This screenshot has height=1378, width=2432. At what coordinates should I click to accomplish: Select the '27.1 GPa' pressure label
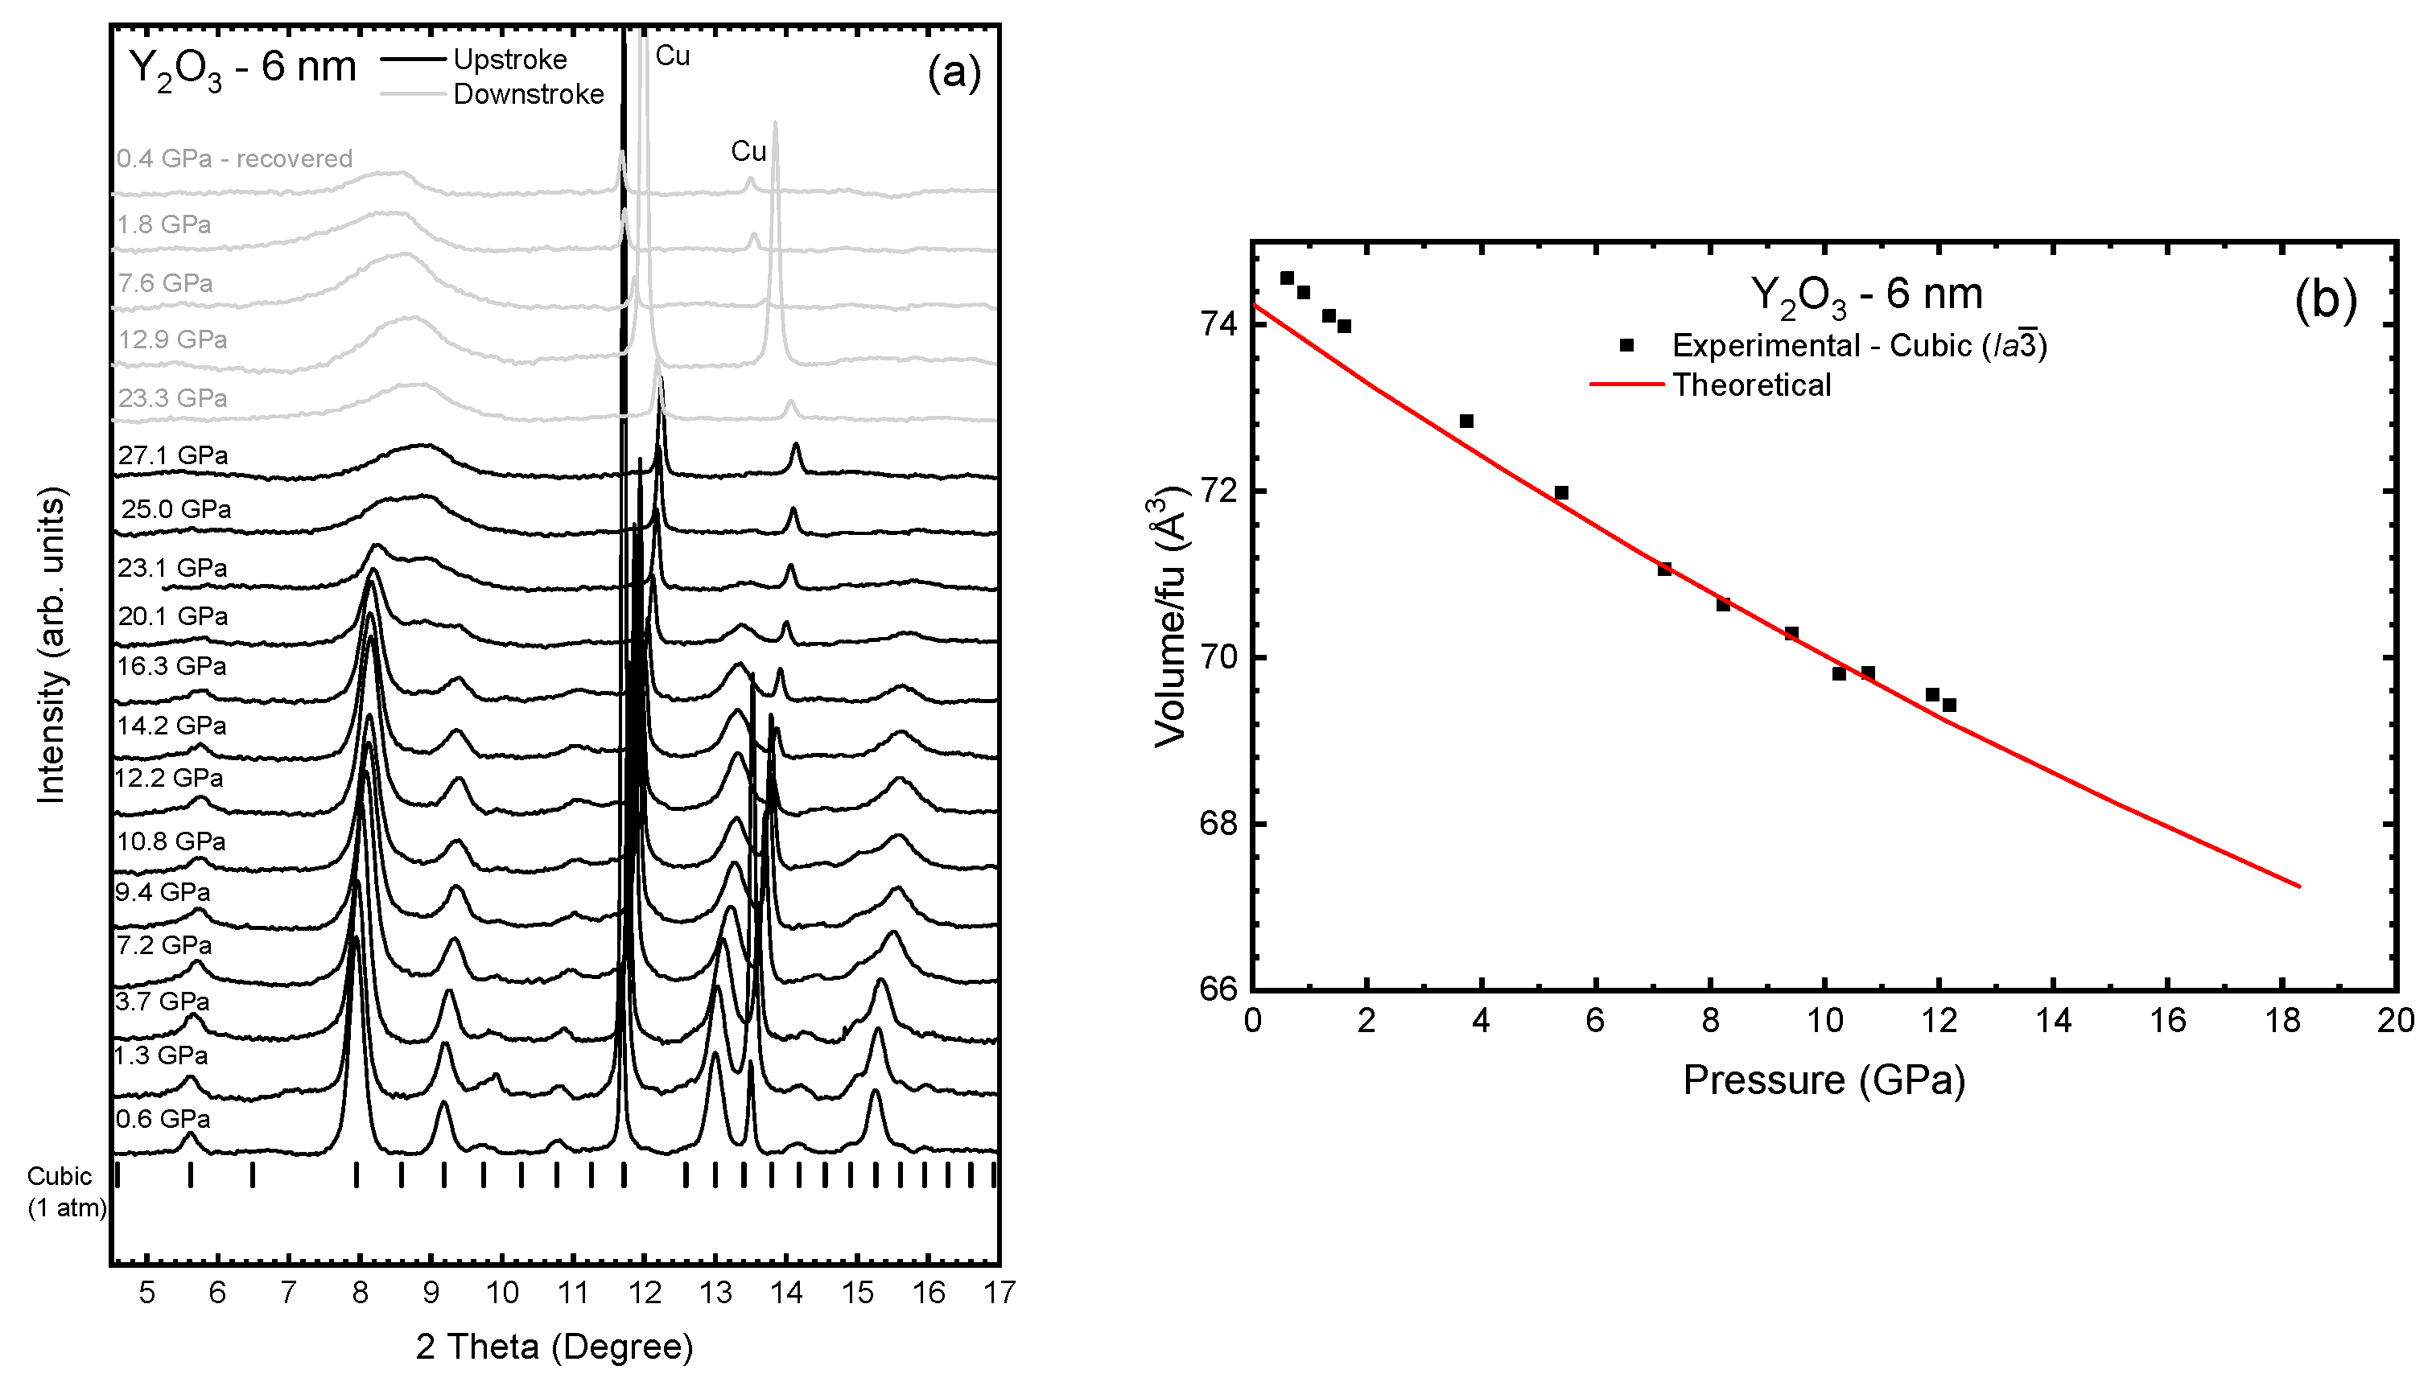(172, 455)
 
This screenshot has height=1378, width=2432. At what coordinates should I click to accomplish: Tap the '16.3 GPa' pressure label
(171, 666)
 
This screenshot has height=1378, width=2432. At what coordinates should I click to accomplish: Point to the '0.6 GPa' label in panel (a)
(163, 1119)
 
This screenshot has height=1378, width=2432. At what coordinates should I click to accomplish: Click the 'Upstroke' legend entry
(509, 60)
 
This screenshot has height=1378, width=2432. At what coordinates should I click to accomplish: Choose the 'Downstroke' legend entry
(528, 93)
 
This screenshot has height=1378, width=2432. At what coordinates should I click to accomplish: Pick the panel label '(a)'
(954, 71)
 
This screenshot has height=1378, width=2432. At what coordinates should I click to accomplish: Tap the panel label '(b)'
(2325, 300)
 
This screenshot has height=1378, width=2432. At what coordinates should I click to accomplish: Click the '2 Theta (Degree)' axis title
(554, 1346)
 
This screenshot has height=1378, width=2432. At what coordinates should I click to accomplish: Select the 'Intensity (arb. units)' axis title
(52, 645)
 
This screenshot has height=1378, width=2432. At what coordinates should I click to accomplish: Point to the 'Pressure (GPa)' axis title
(1824, 1080)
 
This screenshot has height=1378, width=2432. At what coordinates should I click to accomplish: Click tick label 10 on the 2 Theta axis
(501, 1293)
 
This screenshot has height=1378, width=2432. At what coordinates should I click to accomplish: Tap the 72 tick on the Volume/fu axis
(1218, 492)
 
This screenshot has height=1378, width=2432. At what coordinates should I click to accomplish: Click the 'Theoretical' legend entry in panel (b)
(1751, 385)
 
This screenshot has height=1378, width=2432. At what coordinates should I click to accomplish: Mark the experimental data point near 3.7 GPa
(1466, 422)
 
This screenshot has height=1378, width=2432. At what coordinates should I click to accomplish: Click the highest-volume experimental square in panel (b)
(1287, 278)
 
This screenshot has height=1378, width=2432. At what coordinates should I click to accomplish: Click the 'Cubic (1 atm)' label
(65, 1191)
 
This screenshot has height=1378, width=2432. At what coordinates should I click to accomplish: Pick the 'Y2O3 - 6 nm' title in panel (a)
(242, 68)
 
